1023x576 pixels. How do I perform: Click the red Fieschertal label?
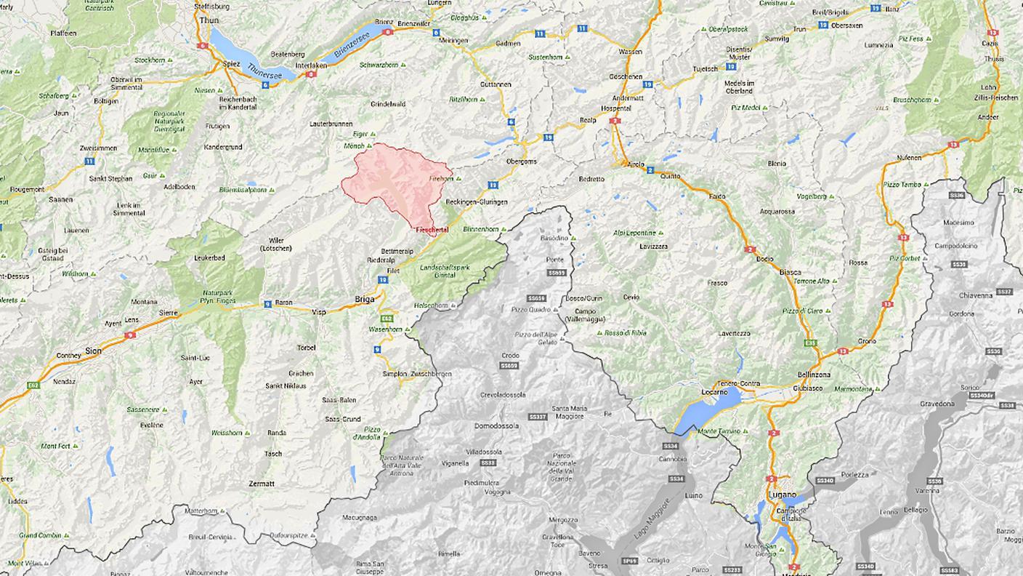pos(432,230)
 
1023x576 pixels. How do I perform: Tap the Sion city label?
pos(93,350)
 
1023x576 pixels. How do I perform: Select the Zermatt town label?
pos(261,484)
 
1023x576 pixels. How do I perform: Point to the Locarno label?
pos(715,392)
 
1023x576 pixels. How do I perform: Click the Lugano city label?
pos(782,495)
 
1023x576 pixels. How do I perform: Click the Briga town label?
pos(364,298)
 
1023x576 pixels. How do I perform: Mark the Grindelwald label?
pos(387,104)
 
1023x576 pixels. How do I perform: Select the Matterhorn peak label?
pos(201,511)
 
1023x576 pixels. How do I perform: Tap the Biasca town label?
pos(790,272)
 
